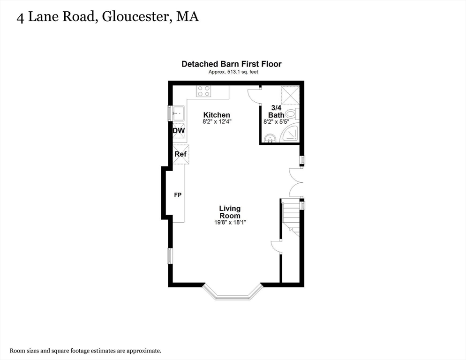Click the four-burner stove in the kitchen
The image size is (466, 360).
tap(203, 91)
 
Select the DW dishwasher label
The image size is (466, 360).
tap(179, 131)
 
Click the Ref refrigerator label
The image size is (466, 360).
tap(180, 154)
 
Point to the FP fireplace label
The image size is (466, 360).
tap(178, 195)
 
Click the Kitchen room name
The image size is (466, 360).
tap(216, 115)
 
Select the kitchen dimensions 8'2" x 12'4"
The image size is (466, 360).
tap(217, 121)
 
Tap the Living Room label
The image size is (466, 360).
tap(230, 212)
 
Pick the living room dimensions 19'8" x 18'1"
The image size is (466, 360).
tap(230, 223)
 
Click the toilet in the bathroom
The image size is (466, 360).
tap(291, 113)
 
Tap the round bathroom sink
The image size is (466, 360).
tap(270, 138)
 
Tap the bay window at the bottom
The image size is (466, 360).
tap(233, 294)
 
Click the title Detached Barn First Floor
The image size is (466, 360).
tap(232, 64)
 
